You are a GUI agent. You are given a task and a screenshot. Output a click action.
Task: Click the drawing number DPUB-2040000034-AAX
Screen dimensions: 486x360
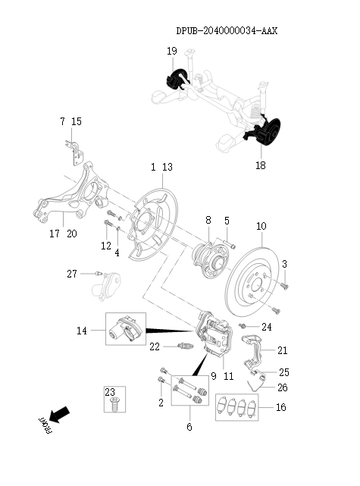point(227,31)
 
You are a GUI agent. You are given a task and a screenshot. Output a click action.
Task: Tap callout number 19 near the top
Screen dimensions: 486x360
point(172,51)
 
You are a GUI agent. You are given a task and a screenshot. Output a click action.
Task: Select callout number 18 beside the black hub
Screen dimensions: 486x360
point(260,165)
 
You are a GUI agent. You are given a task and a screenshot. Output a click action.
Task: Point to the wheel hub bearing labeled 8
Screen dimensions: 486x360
point(208,257)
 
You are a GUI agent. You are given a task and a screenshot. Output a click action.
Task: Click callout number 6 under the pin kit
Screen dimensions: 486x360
point(189,427)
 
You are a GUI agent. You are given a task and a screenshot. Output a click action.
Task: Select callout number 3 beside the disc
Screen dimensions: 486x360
point(284,264)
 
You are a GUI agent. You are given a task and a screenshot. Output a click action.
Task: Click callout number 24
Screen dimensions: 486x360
point(266,327)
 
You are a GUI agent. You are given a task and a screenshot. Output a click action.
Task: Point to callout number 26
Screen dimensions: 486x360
point(282,387)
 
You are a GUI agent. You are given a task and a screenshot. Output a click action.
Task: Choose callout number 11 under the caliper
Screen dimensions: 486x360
point(228,376)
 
